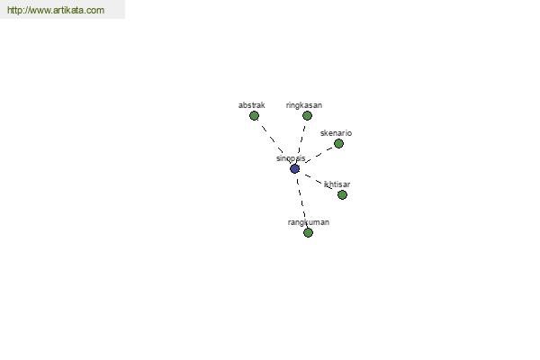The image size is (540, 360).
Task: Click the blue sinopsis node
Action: tap(294, 169)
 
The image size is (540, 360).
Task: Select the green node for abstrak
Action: tap(254, 116)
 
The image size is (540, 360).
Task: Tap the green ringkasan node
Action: tap(307, 116)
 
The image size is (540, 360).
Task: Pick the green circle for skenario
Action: tap(338, 144)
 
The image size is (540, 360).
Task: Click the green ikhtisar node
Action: tap(342, 195)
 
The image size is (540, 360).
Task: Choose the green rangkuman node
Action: tap(308, 233)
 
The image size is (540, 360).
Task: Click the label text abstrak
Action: tap(252, 105)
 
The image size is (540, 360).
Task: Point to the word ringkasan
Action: tap(304, 105)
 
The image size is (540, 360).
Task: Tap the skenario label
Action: tap(336, 133)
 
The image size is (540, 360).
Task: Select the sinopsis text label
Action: tap(291, 158)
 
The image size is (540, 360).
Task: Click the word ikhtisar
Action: tap(337, 184)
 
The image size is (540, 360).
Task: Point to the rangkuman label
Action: tap(309, 222)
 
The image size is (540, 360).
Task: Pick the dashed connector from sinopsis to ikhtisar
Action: tap(319, 182)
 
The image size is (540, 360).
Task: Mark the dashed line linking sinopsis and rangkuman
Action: tap(301, 201)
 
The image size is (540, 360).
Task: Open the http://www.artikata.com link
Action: tap(56, 10)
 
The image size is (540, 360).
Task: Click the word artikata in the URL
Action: tap(69, 10)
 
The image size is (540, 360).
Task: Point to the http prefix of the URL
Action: tap(14, 10)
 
